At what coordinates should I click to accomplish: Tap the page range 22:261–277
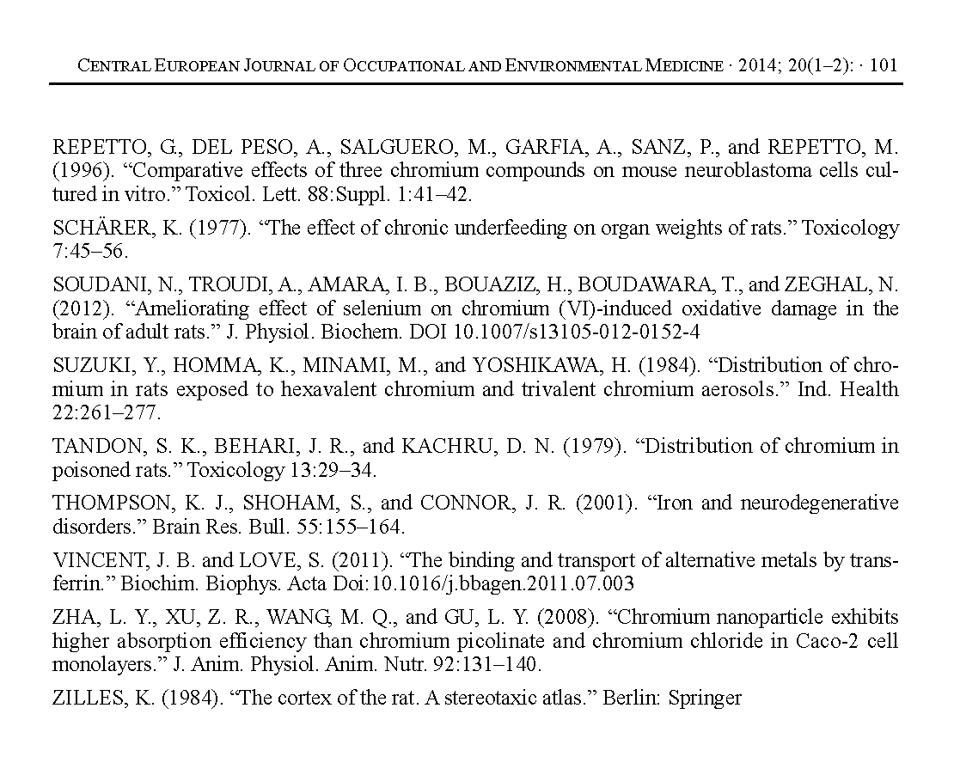point(107,413)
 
